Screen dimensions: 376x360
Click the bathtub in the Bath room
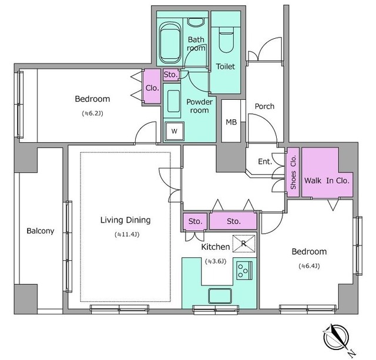coord(170,43)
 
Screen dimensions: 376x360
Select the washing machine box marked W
coord(174,131)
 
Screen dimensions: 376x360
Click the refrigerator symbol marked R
coord(244,244)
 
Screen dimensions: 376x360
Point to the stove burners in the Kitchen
coord(244,271)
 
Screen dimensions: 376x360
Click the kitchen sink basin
coord(220,296)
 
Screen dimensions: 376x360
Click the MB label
coord(231,122)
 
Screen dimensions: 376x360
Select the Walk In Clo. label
coord(327,180)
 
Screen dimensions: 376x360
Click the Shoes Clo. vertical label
coord(293,172)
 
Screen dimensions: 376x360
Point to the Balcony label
coord(41,231)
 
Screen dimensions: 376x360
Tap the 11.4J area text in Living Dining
coord(127,235)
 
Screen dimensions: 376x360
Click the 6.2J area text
coord(93,113)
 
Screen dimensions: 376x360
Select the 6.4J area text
coord(309,266)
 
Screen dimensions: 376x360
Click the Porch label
coord(264,106)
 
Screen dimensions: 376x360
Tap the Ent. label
coord(265,162)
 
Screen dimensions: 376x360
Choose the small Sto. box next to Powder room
coord(170,75)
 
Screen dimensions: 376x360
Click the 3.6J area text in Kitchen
coord(216,261)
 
